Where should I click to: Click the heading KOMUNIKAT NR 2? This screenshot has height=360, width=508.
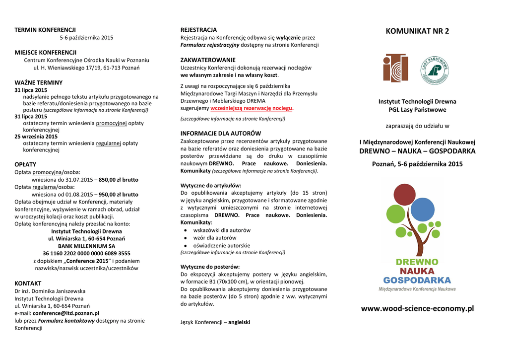click(417, 31)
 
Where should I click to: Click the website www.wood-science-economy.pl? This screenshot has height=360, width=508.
click(417, 308)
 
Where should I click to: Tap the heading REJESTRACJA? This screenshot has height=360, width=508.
click(198, 30)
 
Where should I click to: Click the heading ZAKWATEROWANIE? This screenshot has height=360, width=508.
click(208, 60)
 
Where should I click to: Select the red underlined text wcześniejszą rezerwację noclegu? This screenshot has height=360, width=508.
click(252, 108)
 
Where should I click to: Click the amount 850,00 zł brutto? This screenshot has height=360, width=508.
click(119, 180)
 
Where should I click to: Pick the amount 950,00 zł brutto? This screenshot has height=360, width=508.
click(119, 195)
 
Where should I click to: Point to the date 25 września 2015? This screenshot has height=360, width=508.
click(36, 136)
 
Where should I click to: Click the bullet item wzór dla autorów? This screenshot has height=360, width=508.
click(215, 238)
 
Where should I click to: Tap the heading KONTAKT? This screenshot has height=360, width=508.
click(28, 283)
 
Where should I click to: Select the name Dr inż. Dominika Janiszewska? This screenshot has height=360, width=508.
click(50, 291)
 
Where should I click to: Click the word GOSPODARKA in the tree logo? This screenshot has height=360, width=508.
click(417, 280)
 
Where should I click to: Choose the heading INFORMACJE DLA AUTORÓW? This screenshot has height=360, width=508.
click(220, 134)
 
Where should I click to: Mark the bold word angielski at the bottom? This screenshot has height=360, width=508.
click(239, 322)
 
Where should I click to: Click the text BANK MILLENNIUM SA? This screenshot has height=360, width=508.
click(86, 246)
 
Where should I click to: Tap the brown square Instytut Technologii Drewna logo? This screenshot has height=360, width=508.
click(395, 69)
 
